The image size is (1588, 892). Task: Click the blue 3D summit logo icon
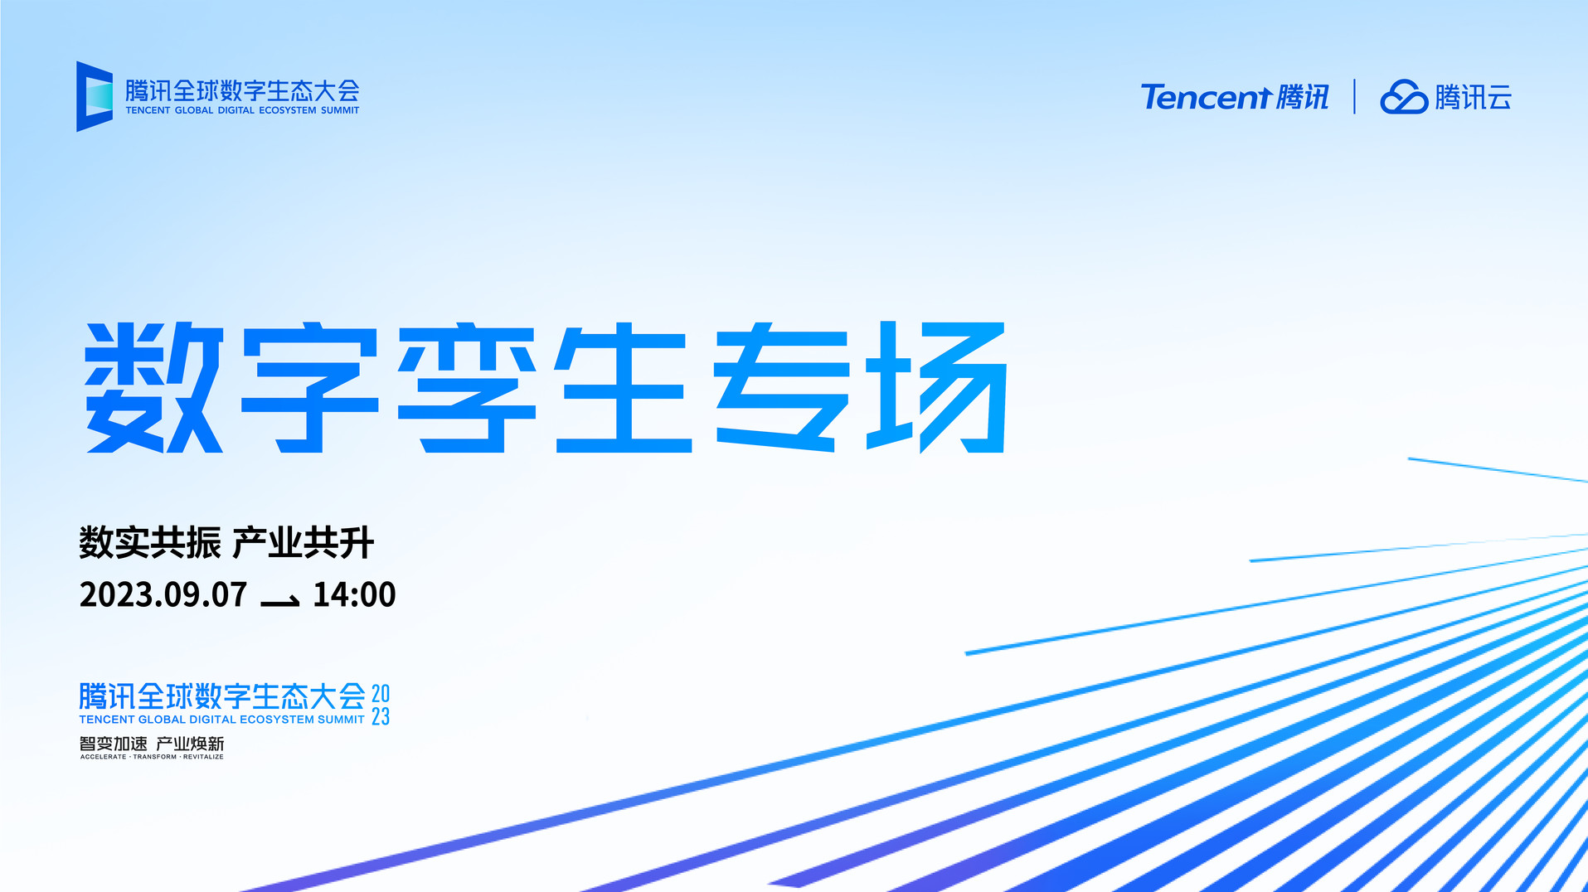[x=95, y=96]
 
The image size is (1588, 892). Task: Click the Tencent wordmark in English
[x=1206, y=98]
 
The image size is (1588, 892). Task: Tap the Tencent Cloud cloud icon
[x=1404, y=97]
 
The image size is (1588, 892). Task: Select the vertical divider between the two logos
[x=1354, y=97]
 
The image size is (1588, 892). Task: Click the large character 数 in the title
[x=154, y=387]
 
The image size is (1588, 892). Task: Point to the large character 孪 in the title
[x=468, y=387]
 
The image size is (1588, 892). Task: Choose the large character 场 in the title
[x=937, y=387]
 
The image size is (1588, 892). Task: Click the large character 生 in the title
[x=624, y=387]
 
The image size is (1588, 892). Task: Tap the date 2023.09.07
[x=163, y=594]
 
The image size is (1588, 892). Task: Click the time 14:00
[x=354, y=594]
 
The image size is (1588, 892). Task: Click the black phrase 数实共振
[x=150, y=543]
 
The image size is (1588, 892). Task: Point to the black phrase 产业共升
[x=304, y=543]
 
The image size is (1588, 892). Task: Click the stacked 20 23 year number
[x=381, y=705]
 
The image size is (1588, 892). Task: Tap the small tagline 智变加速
[x=114, y=744]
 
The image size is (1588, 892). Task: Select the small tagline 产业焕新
[x=190, y=744]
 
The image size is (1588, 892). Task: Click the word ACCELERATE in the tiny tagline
[x=104, y=757]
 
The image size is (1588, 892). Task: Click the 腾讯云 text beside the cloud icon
[x=1474, y=97]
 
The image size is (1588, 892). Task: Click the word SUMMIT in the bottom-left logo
[x=341, y=720]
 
